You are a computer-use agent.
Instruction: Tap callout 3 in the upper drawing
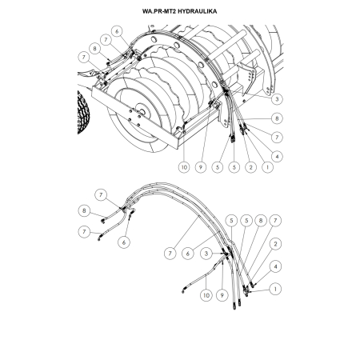coord(276,100)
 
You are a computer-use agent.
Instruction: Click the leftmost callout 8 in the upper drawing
coord(95,48)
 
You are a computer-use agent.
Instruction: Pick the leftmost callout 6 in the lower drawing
coord(124,240)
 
